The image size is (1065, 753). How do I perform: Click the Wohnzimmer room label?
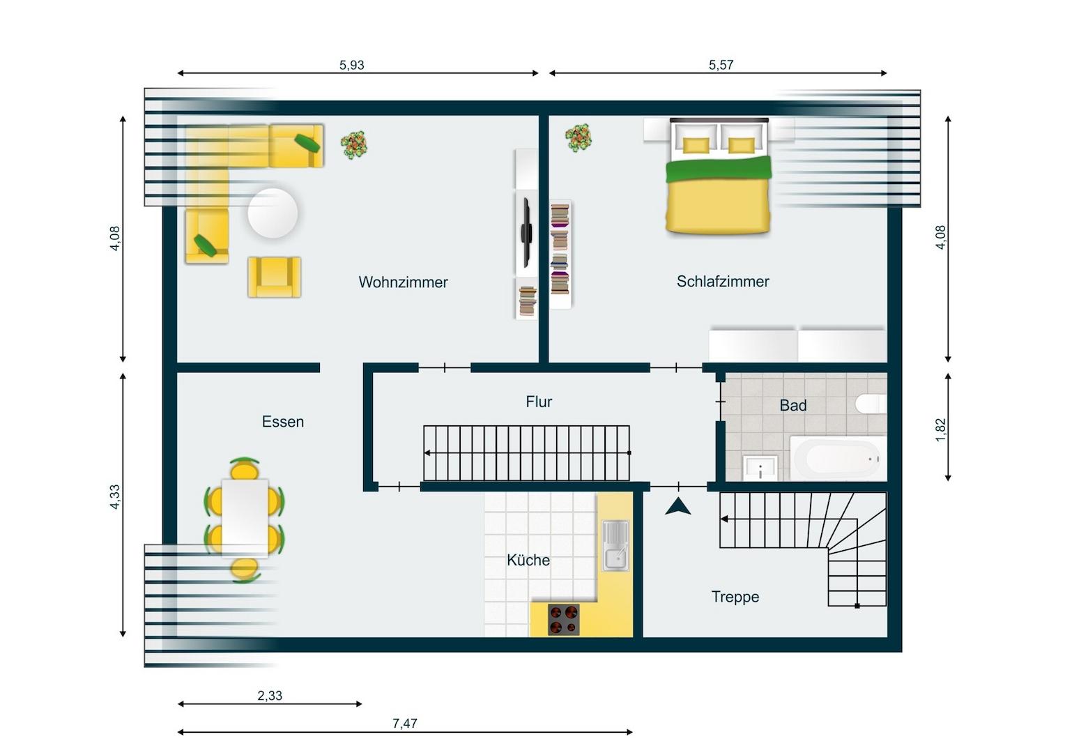[403, 282]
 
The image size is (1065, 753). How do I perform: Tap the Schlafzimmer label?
[723, 282]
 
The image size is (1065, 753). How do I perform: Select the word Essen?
[283, 421]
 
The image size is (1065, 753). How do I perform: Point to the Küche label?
[528, 560]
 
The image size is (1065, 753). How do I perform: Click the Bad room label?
[793, 405]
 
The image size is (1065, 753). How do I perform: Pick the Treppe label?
[735, 597]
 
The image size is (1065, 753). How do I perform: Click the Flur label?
[539, 402]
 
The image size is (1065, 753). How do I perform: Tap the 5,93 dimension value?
[352, 65]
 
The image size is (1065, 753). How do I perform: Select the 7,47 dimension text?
[405, 724]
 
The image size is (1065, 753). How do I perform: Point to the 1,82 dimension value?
[941, 429]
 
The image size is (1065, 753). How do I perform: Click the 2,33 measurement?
[270, 696]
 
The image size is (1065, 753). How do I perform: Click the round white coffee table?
[273, 213]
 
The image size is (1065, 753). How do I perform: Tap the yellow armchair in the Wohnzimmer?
[275, 277]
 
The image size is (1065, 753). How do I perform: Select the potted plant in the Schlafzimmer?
[579, 138]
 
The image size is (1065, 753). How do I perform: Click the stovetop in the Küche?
[563, 620]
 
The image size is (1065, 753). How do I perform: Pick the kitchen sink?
[615, 546]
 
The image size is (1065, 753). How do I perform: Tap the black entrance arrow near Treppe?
[678, 507]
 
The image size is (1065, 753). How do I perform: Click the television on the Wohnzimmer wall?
[526, 233]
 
